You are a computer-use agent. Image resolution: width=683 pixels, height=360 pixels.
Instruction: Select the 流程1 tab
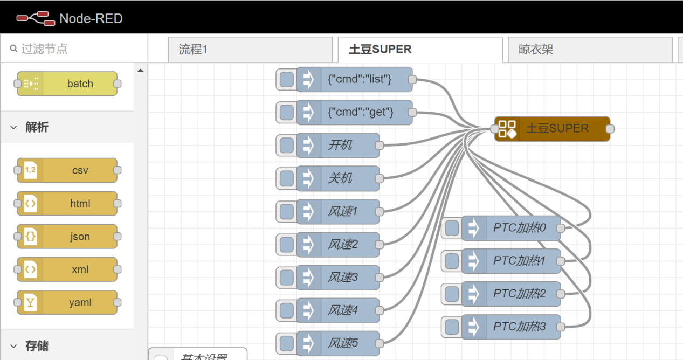click(x=250, y=50)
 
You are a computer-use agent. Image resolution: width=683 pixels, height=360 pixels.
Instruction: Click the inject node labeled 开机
click(x=340, y=145)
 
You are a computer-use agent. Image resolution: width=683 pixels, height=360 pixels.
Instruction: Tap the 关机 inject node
click(x=340, y=178)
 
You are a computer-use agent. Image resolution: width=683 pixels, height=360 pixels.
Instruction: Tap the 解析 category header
click(x=37, y=127)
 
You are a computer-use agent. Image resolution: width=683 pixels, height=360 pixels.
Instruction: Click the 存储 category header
click(x=37, y=346)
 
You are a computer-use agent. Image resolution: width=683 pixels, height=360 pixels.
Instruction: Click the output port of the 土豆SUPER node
click(x=610, y=129)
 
